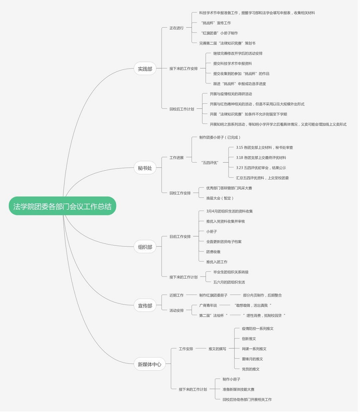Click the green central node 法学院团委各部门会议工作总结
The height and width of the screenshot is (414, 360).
coord(62,206)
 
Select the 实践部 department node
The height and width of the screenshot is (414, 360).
coord(145,69)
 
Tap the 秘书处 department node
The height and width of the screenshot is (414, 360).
coord(145,168)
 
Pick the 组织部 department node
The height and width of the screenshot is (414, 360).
coord(145,247)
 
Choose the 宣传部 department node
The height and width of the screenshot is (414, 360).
coord(145,305)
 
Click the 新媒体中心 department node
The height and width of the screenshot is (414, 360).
coord(149,364)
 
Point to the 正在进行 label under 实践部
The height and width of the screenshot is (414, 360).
coord(176,28)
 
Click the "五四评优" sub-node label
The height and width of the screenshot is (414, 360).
coord(210,163)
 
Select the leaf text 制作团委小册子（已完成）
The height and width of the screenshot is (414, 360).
coord(220,137)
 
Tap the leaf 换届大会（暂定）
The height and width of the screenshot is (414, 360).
coord(220,198)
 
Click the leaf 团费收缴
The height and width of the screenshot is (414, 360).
coord(213,252)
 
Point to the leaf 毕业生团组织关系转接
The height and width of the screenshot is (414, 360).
coord(231,272)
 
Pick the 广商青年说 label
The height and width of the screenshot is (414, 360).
coord(208,305)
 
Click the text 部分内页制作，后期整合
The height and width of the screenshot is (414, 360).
coord(262,295)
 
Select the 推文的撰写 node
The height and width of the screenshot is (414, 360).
coord(217,349)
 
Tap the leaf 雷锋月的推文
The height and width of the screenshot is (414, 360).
coord(252,359)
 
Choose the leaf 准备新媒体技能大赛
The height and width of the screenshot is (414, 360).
coord(238,389)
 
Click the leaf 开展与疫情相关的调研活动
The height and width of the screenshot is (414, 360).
coord(231,94)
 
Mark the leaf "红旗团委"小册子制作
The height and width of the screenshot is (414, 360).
coord(220,33)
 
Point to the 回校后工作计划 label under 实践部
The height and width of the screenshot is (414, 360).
coord(182,109)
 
